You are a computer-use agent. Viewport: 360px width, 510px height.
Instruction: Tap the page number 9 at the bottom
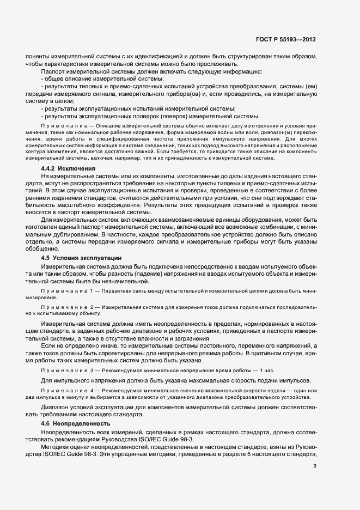[x=315, y=465]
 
